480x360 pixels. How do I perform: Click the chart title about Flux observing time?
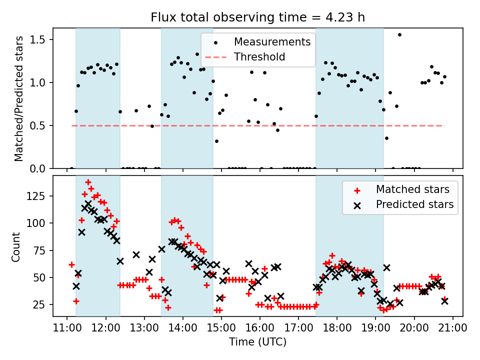(x=257, y=17)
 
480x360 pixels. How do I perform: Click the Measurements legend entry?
(x=272, y=41)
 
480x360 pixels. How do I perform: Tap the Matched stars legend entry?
(x=412, y=189)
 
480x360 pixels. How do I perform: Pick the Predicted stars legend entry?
(x=414, y=204)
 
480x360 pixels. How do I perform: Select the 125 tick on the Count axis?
(x=40, y=196)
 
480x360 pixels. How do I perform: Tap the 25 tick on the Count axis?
(x=42, y=305)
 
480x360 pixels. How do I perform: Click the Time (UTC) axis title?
(x=257, y=342)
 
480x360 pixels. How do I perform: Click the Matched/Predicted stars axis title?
(x=19, y=98)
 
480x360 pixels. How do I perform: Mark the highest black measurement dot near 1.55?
(x=399, y=34)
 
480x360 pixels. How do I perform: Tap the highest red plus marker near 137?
(x=88, y=182)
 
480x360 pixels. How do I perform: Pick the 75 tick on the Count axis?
(x=42, y=250)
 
